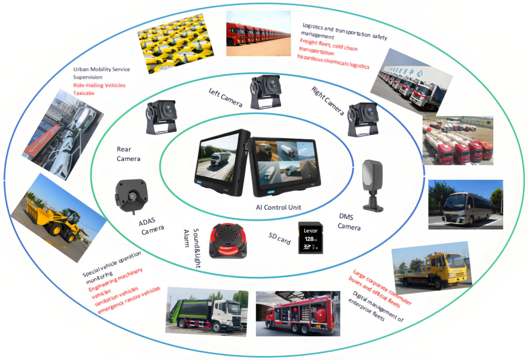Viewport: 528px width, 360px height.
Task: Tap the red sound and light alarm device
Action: (x=227, y=241)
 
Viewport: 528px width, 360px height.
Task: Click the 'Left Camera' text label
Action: (x=226, y=98)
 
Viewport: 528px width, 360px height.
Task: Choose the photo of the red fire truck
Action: (x=298, y=313)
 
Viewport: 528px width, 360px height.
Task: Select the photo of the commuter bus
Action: (x=465, y=205)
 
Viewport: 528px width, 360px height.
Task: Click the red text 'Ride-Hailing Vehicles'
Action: (x=99, y=85)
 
